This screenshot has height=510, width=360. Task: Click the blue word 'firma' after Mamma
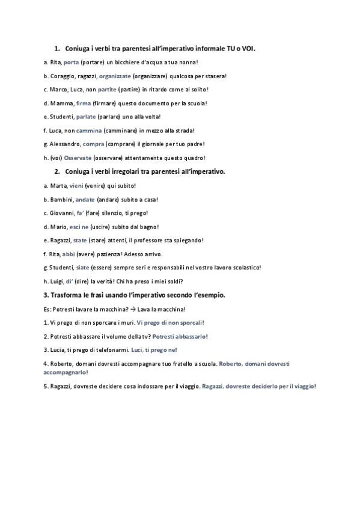coord(84,103)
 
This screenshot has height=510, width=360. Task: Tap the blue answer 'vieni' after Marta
coord(76,185)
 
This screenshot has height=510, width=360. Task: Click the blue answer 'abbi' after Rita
coord(69,254)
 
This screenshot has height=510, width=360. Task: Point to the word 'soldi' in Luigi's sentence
coord(174,281)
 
